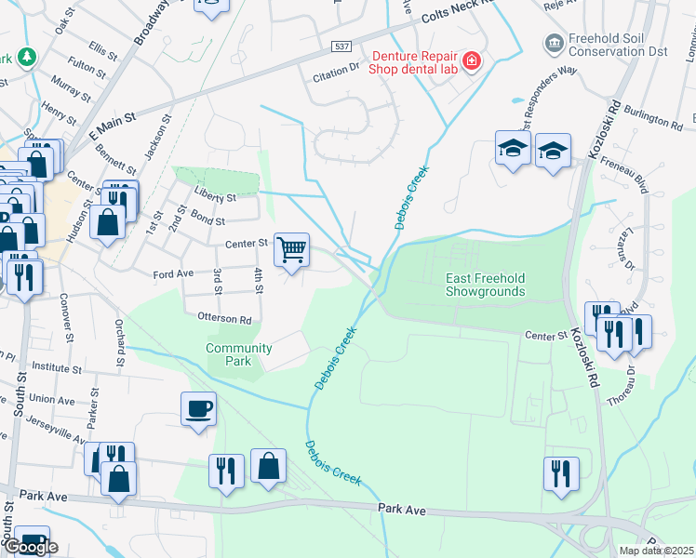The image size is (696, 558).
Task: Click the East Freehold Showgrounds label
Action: (485, 285)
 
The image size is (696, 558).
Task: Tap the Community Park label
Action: (239, 354)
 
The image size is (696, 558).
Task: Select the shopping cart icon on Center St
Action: (292, 248)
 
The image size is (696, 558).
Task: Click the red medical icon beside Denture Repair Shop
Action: (472, 61)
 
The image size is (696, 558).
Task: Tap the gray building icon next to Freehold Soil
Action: (554, 43)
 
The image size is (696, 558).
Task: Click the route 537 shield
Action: (341, 46)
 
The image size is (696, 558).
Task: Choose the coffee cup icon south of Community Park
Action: (199, 408)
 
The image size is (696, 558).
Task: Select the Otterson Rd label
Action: (224, 318)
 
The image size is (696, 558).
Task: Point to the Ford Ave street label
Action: (173, 274)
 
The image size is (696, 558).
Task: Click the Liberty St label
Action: (215, 197)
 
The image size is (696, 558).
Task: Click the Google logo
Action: (32, 547)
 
